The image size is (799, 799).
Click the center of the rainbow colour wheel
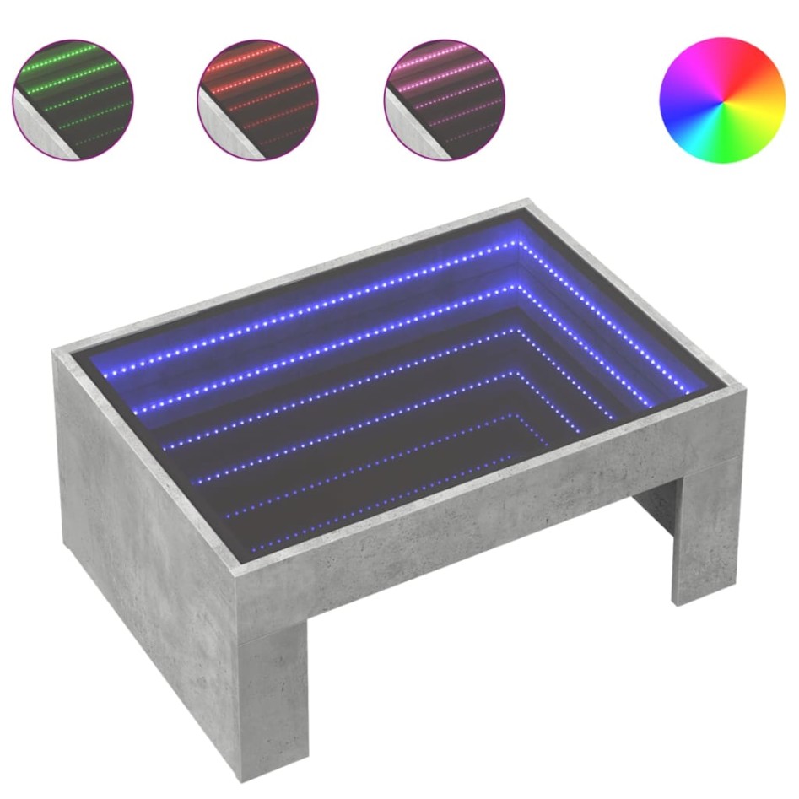tap(722, 100)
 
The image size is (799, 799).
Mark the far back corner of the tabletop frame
tap(528, 202)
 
